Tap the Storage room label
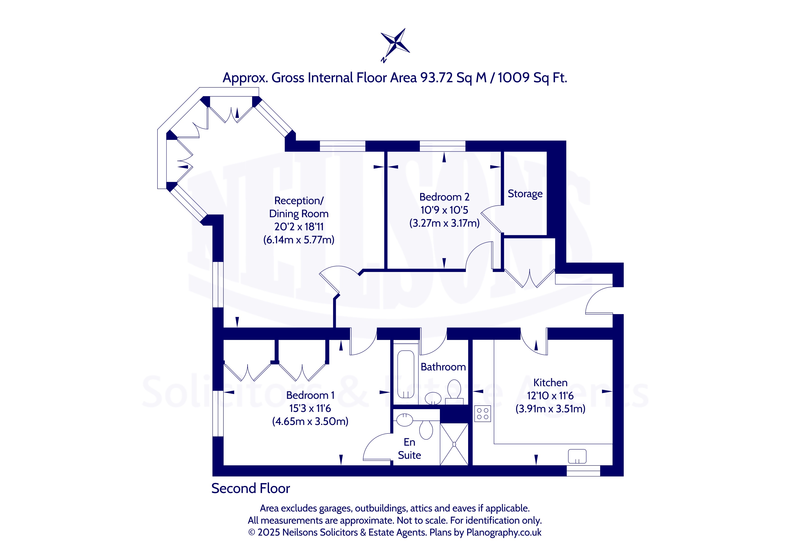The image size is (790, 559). (x=525, y=194)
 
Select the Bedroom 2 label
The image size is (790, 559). (x=444, y=197)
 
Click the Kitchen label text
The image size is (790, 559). (x=550, y=382)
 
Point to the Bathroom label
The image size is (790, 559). (x=443, y=367)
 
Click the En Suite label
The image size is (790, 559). (x=410, y=449)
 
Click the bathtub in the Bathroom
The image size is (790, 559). (x=406, y=374)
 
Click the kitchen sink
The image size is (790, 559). (x=577, y=456)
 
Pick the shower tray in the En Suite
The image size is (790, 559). (x=454, y=444)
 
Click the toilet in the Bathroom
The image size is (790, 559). (x=454, y=391)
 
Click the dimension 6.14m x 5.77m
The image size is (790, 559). (x=299, y=240)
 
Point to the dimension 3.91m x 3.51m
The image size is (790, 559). (x=550, y=408)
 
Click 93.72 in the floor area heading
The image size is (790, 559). (x=436, y=78)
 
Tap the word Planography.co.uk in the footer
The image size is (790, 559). (x=504, y=532)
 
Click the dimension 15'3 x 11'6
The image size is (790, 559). (x=310, y=408)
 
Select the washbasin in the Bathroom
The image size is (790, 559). (x=433, y=398)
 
